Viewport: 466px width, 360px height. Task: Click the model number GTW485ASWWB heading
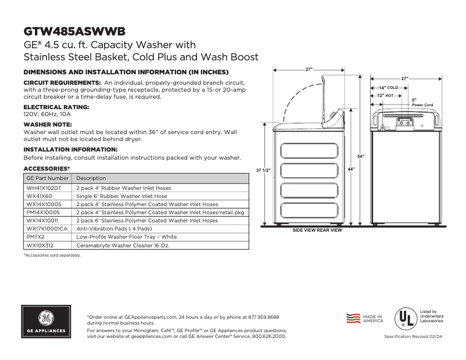click(74, 31)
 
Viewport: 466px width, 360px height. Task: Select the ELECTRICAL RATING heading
click(56, 107)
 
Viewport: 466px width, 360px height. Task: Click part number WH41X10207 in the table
click(44, 188)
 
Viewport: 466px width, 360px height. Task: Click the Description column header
click(91, 178)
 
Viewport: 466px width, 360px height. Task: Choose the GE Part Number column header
click(48, 178)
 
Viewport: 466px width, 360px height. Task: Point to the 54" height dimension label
click(360, 157)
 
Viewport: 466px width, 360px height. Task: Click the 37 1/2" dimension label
click(263, 170)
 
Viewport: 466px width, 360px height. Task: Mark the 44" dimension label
click(351, 168)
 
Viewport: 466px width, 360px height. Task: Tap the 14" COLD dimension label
click(389, 87)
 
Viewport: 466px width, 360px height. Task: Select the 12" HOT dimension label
click(385, 95)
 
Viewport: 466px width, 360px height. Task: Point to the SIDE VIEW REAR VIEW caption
click(317, 230)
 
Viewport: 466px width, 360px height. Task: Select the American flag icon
click(353, 318)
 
